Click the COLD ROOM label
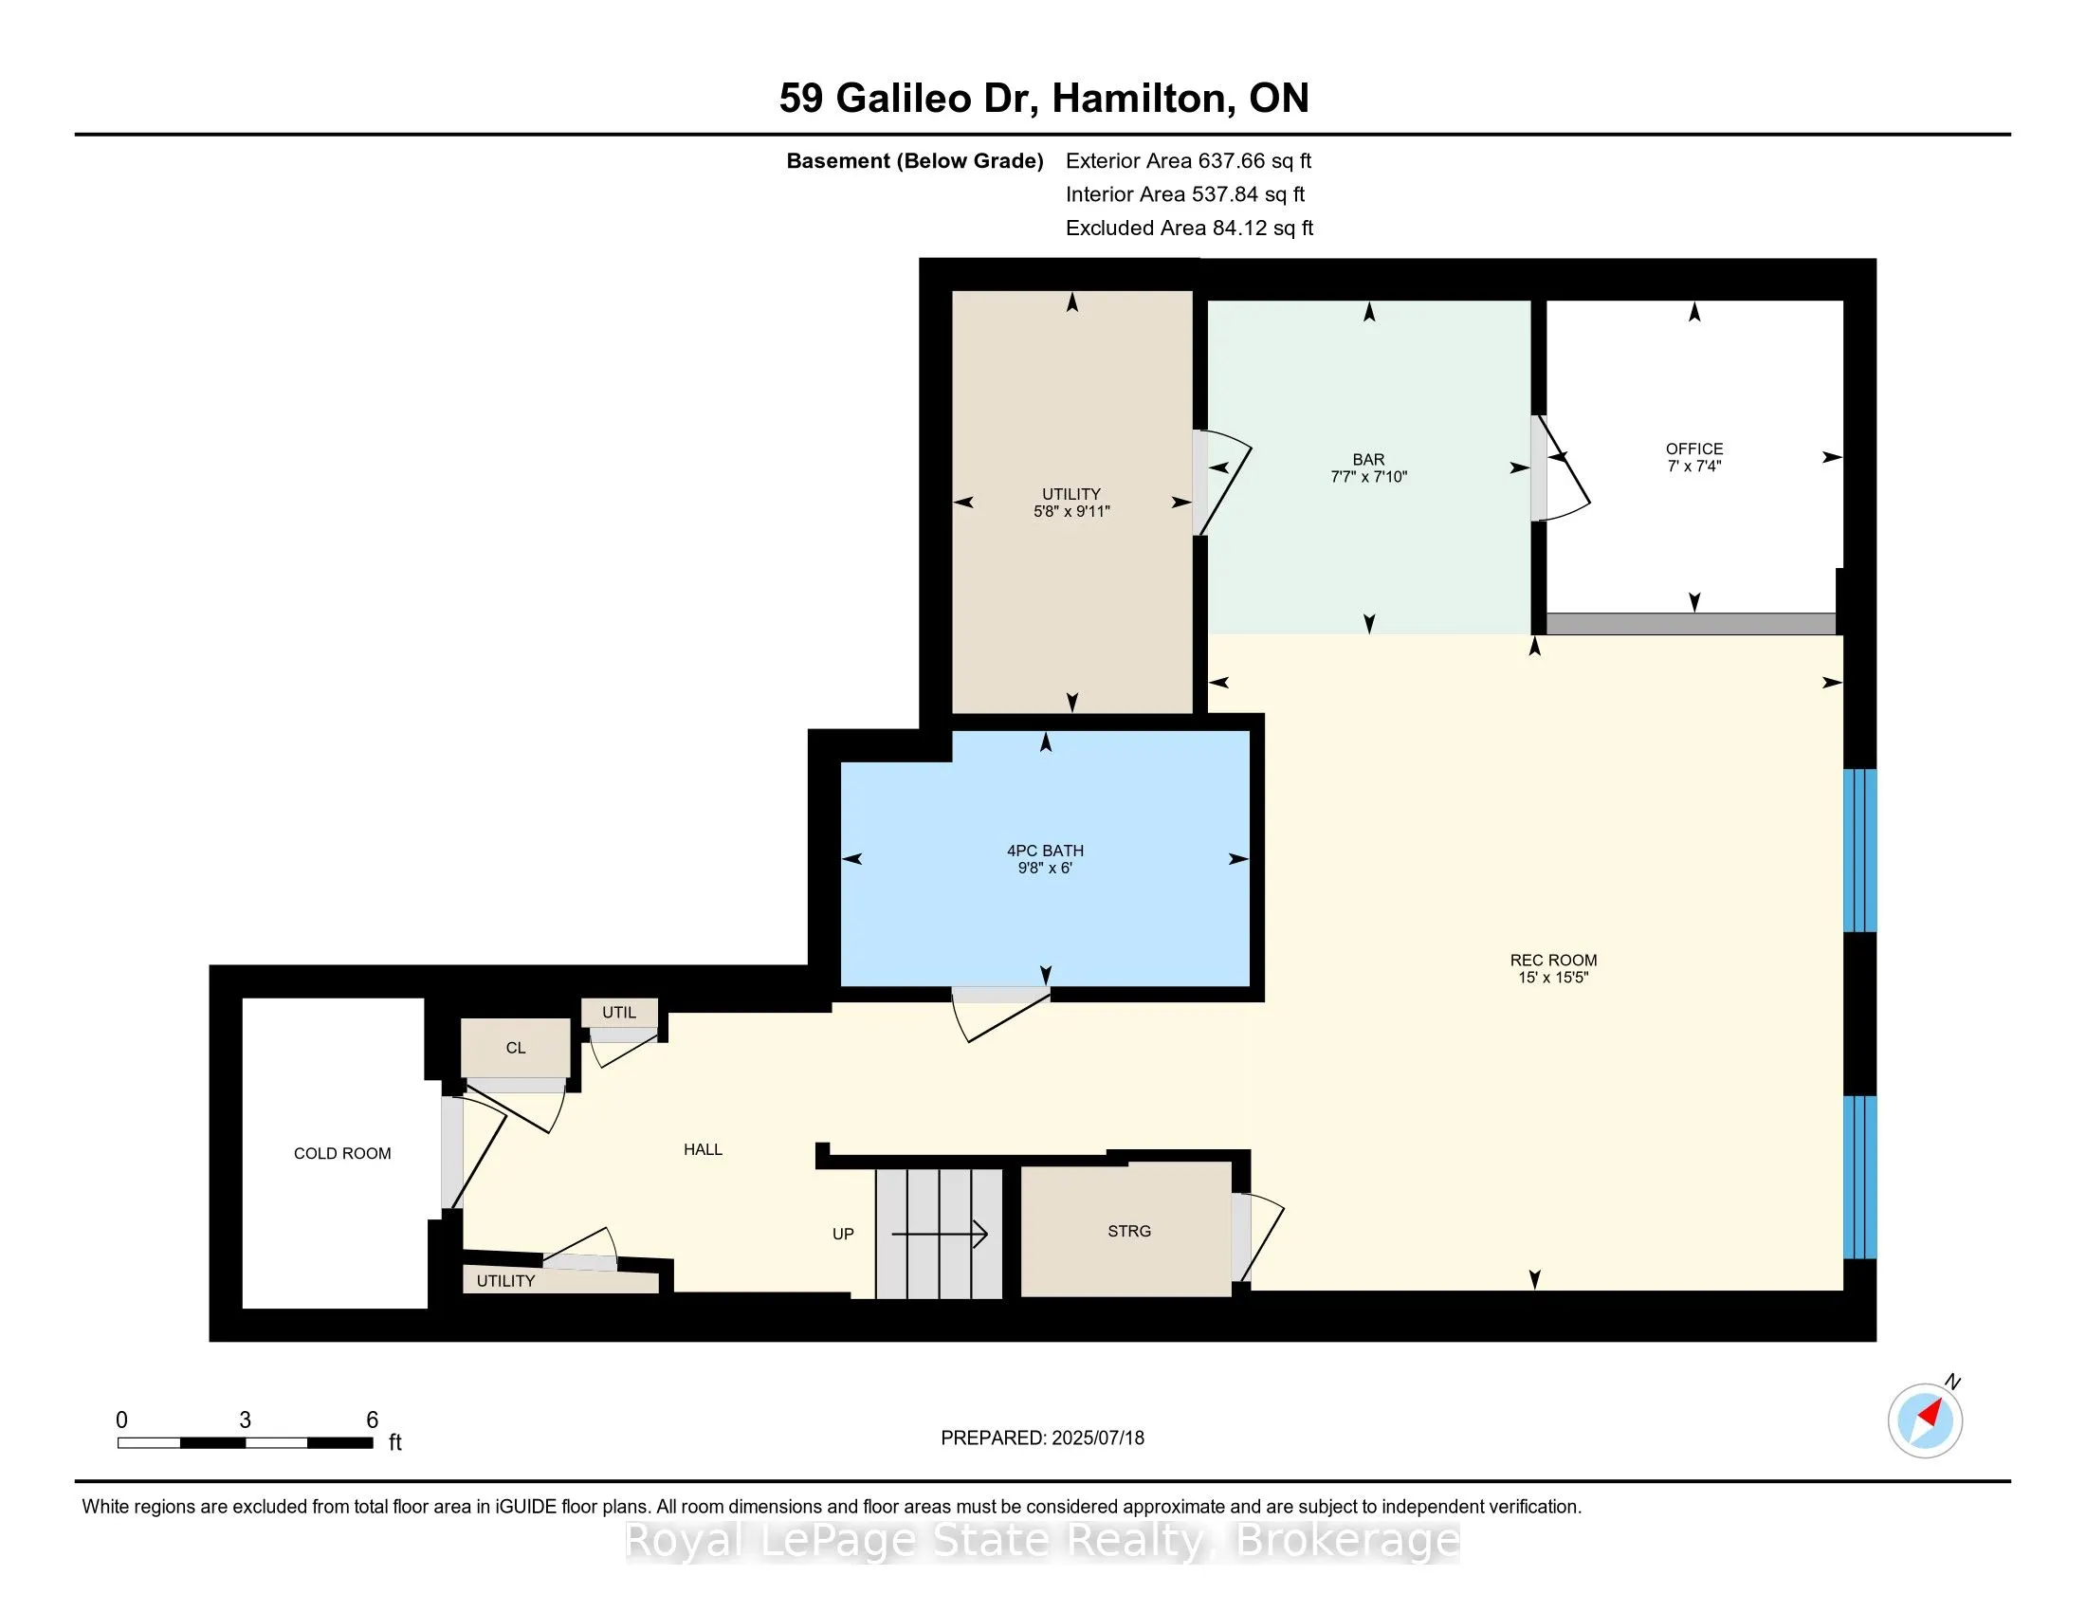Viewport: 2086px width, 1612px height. [x=342, y=1154]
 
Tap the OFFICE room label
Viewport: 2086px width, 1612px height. [x=1694, y=449]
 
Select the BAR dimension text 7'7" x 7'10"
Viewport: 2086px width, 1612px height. [x=1368, y=477]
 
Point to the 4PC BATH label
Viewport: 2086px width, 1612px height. [x=1045, y=851]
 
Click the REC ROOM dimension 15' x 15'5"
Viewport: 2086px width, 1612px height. [x=1553, y=977]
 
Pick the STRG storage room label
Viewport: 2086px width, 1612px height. [x=1129, y=1231]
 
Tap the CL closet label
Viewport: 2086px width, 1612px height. [x=516, y=1048]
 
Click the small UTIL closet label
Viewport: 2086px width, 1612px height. [x=619, y=1013]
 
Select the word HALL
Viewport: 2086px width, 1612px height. [x=703, y=1150]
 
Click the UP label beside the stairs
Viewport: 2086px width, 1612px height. [x=842, y=1234]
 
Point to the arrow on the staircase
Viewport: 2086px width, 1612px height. [x=940, y=1235]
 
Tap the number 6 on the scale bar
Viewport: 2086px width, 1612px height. [x=373, y=1420]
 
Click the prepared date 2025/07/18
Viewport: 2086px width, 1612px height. [x=1097, y=1438]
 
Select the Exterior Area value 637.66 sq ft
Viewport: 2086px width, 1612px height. [x=1255, y=161]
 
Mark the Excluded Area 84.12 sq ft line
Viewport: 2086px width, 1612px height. [x=1189, y=229]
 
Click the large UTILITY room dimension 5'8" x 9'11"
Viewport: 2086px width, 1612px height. [x=1071, y=511]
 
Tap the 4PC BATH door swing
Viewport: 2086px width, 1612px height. [x=1003, y=1017]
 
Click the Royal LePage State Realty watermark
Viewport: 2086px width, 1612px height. [x=1042, y=1540]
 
